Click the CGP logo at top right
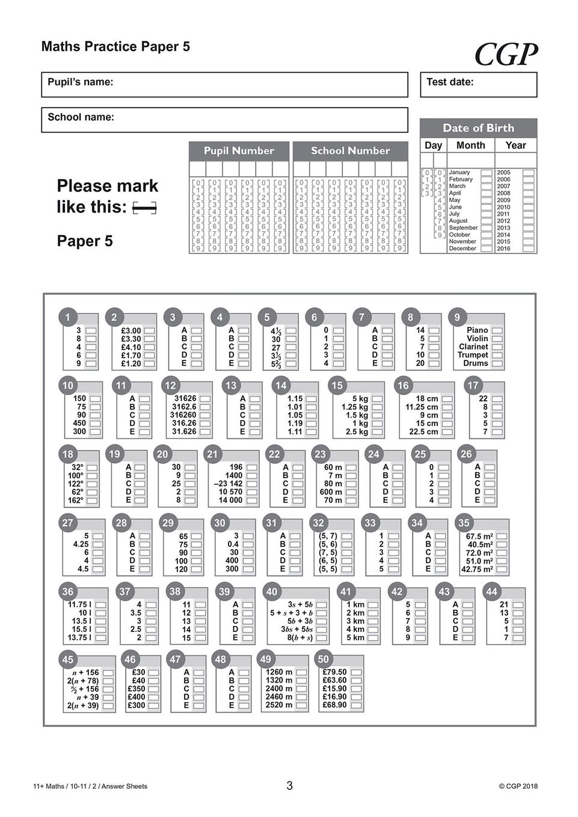pos(505,55)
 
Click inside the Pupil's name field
pos(224,85)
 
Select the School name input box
pos(224,120)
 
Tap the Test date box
pos(478,85)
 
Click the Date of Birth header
pos(478,128)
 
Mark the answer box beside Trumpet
pos(497,355)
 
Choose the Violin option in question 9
pos(497,339)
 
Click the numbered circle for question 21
pos(212,454)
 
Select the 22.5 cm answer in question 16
pos(447,432)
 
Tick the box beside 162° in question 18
pos(91,500)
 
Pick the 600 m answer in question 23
pos(350,492)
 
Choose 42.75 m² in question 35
pos(501,569)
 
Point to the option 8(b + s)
pos(321,638)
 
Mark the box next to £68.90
pos(356,705)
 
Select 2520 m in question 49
pos(301,705)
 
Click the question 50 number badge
pos(323,659)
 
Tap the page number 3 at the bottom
pos(289,786)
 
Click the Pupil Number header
pos(239,151)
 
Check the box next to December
pos(486,249)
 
